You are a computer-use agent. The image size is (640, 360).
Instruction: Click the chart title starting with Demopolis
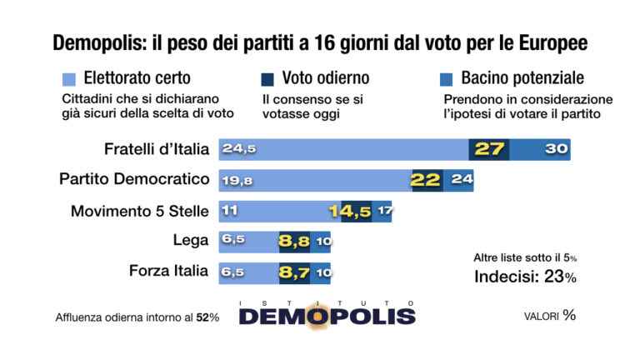(320, 42)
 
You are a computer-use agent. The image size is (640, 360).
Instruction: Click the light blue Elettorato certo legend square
(70, 79)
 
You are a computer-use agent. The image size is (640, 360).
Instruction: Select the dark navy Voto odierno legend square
(267, 79)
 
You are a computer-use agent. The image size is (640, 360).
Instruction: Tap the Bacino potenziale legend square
(445, 79)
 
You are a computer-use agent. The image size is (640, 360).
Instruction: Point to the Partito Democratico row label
(133, 179)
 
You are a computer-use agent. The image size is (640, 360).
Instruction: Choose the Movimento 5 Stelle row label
(138, 211)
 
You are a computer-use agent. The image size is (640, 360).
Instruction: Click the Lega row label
(192, 241)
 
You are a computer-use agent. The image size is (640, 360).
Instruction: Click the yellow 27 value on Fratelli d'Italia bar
(490, 150)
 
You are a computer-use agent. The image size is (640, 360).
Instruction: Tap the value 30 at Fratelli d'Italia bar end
(557, 150)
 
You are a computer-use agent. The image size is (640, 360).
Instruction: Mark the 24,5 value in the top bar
(237, 150)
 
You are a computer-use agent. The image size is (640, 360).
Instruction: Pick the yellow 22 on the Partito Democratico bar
(426, 181)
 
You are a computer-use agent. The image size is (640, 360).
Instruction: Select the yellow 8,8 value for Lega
(296, 242)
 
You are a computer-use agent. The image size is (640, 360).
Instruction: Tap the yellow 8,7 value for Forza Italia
(296, 272)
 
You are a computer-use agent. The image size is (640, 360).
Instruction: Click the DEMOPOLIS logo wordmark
(327, 315)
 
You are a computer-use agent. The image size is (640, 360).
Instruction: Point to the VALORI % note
(550, 315)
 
